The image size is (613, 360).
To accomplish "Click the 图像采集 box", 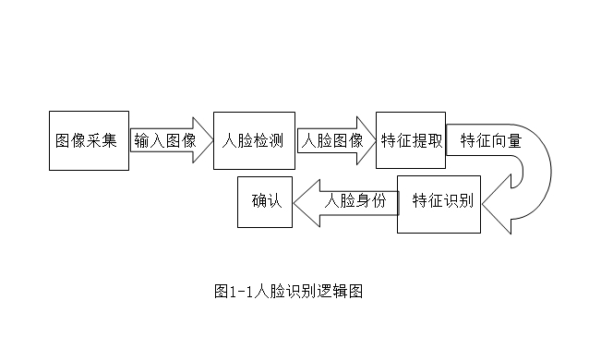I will tap(89, 140).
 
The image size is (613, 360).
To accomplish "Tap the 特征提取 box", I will tap(411, 140).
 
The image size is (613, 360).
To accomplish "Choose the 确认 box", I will tap(266, 202).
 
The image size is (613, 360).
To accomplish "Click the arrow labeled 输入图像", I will tap(166, 141).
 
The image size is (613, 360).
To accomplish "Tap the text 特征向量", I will tap(490, 141).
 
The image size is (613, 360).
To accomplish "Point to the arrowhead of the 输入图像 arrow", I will tap(202, 141).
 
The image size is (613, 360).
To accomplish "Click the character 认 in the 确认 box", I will tap(274, 202).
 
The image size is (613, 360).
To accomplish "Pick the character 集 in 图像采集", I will tap(111, 141).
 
